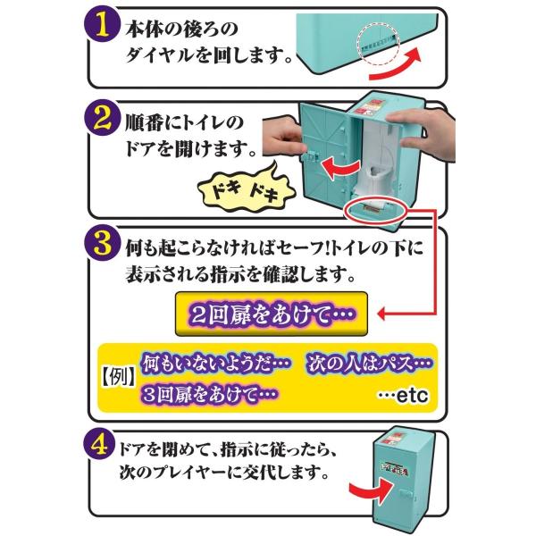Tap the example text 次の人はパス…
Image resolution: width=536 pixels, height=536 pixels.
click(368, 364)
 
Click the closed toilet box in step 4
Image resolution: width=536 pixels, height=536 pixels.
click(410, 472)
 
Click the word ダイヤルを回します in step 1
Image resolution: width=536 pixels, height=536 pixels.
click(206, 60)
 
